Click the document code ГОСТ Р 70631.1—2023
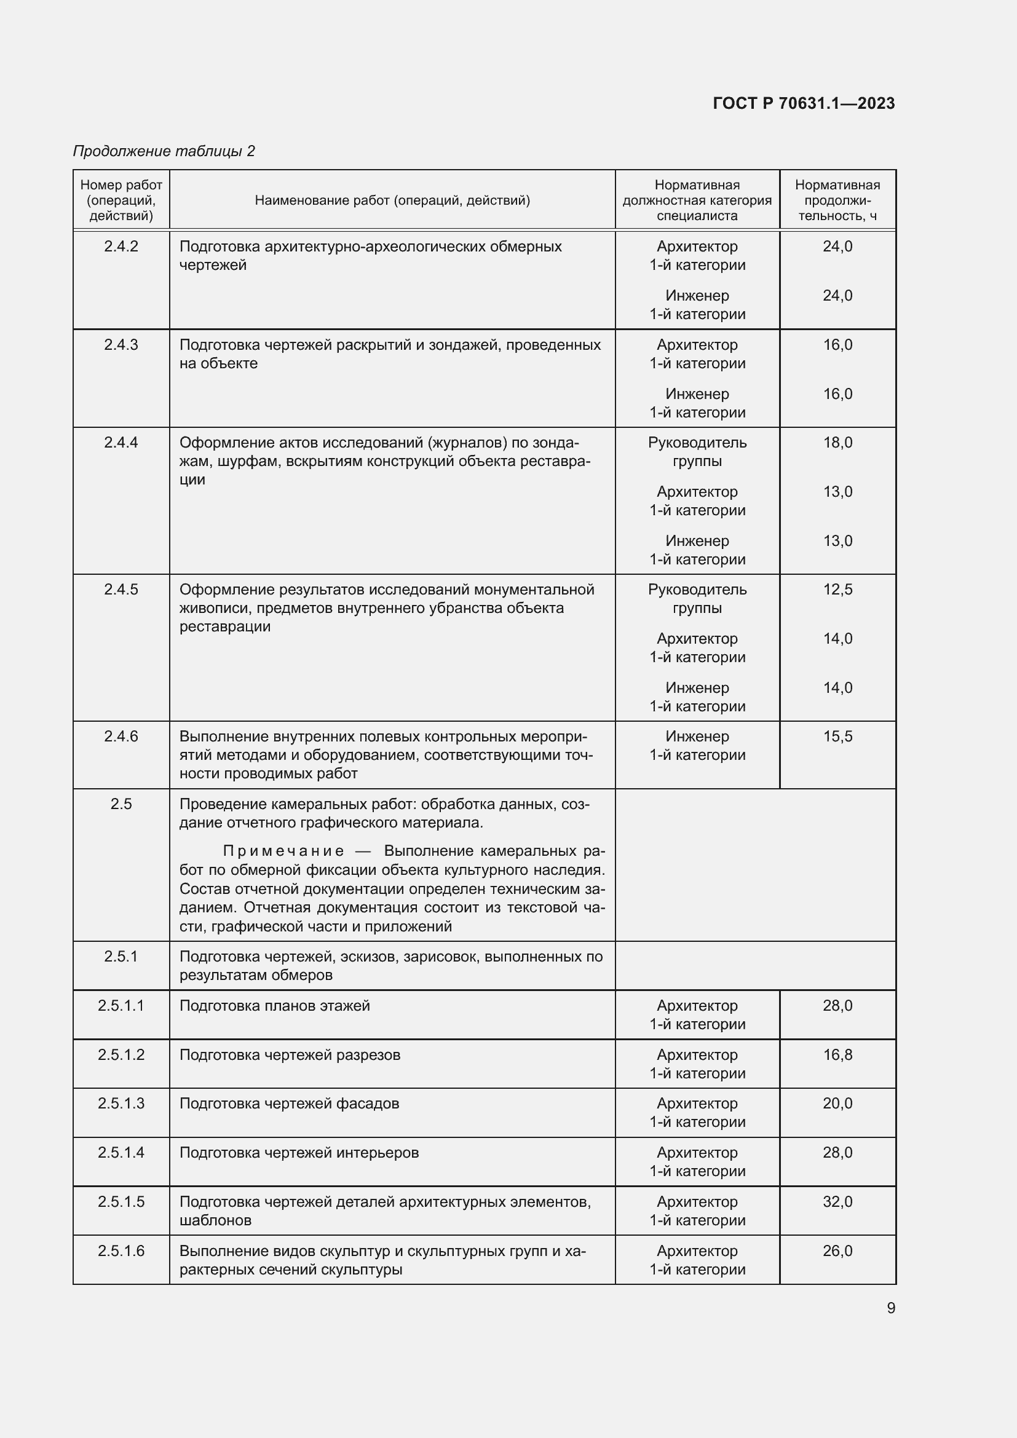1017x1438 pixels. [804, 103]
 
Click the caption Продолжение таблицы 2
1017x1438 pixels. [164, 151]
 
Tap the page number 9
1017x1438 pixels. [890, 1308]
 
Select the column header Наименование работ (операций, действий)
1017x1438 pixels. [392, 200]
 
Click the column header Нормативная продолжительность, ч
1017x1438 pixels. [837, 200]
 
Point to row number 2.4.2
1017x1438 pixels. [121, 246]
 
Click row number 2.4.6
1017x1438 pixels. [121, 736]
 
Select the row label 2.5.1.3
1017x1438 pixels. [121, 1103]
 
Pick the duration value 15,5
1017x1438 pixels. [837, 736]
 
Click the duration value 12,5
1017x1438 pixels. [837, 590]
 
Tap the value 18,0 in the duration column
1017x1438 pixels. [837, 442]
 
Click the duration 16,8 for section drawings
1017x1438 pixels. [837, 1055]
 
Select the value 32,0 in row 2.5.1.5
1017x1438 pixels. [837, 1201]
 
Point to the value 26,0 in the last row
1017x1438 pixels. [837, 1250]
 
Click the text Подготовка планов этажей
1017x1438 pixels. [274, 1005]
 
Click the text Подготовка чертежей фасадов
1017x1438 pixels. [289, 1103]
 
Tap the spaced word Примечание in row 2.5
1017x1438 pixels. [283, 850]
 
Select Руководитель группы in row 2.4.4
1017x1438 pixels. [697, 452]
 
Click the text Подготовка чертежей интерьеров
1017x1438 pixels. [299, 1152]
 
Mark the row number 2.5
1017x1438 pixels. [121, 804]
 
